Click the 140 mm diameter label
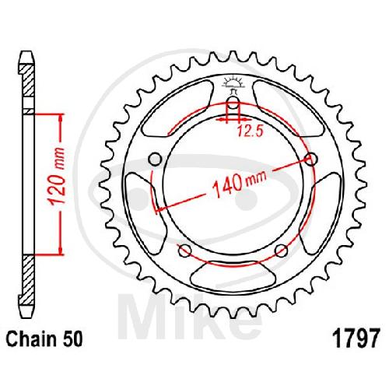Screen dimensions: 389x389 (239, 184)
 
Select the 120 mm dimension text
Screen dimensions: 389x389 (58, 177)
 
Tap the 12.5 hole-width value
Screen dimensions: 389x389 (251, 131)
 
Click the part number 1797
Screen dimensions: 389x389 (357, 338)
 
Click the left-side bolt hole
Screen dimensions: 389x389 (156, 159)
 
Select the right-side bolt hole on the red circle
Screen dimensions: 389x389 (311, 159)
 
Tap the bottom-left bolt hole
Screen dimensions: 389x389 (185, 251)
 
